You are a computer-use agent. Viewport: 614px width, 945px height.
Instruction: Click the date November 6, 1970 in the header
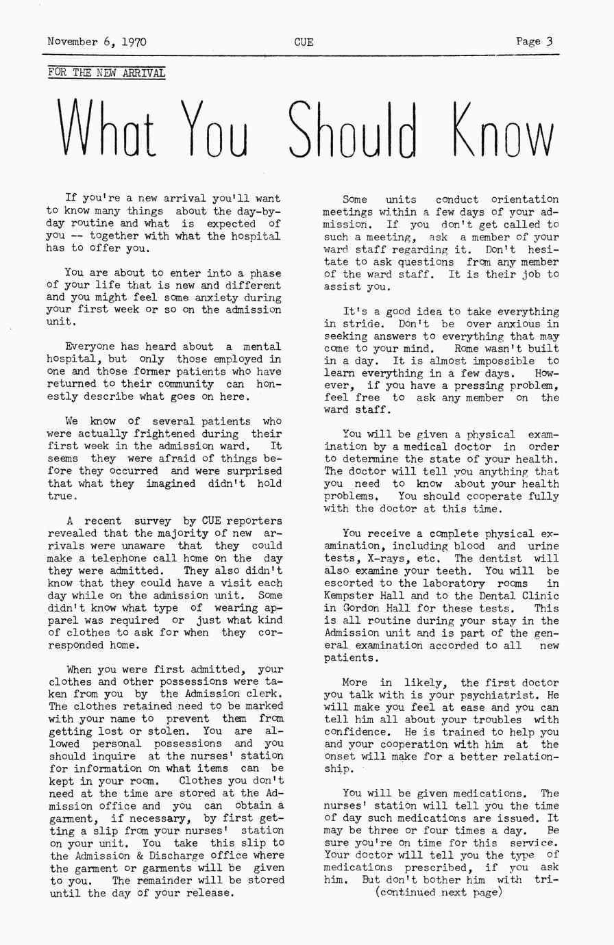(x=97, y=42)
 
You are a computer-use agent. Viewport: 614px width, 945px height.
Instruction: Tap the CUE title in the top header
(x=304, y=42)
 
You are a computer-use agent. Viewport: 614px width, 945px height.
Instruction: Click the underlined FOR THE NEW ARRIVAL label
(x=107, y=73)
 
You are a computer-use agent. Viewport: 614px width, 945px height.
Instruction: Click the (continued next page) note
(x=439, y=892)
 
